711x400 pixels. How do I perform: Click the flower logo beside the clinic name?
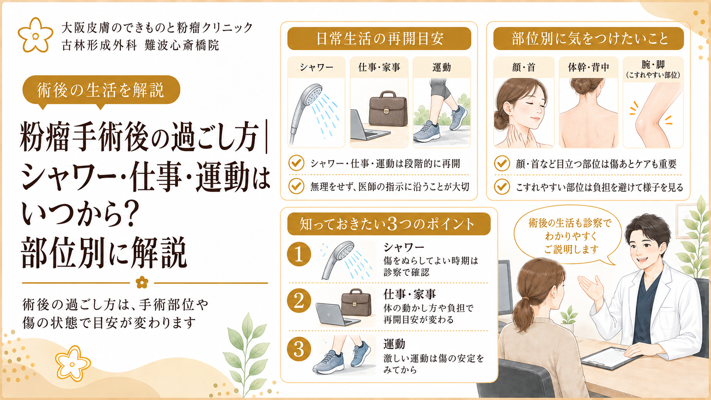[x=36, y=35]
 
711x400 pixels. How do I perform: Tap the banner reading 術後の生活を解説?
[x=101, y=90]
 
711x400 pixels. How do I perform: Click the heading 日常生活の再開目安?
[x=379, y=39]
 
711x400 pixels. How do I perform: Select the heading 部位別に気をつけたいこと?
[x=589, y=39]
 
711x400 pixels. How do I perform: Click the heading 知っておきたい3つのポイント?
[x=389, y=224]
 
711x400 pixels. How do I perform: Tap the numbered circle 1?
[x=299, y=254]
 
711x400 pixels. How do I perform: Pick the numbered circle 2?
[x=299, y=301]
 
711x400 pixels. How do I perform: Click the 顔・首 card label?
[x=524, y=67]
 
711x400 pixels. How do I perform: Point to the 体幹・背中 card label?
[x=589, y=67]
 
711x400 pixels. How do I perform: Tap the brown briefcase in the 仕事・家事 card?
[x=388, y=109]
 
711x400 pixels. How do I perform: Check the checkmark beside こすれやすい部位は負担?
[x=502, y=187]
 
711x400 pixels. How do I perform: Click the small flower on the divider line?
[x=142, y=282]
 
